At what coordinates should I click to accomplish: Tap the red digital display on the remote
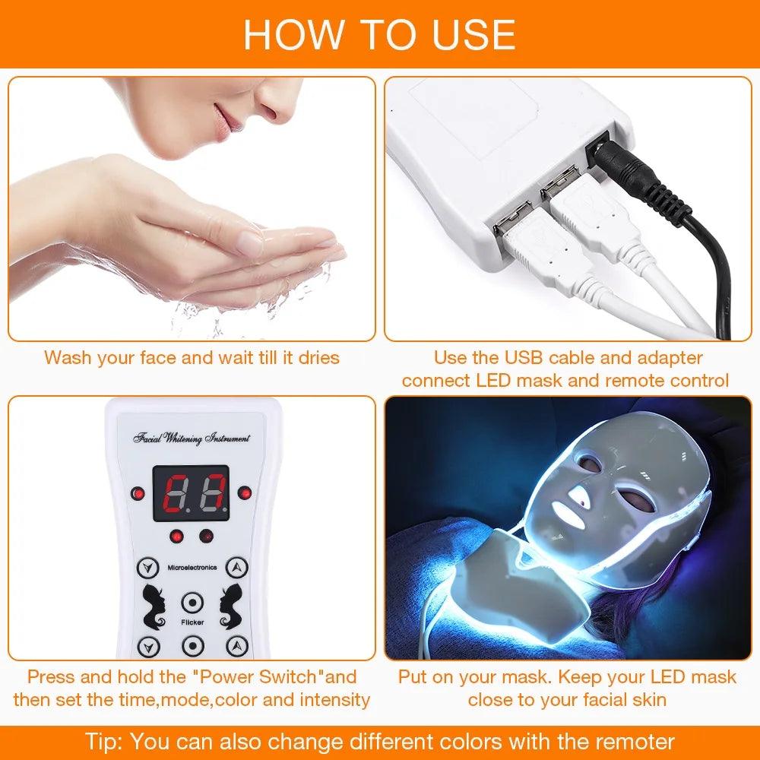pos(190,493)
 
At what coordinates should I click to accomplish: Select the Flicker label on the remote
pos(192,622)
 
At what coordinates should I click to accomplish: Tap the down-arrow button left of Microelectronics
pos(147,567)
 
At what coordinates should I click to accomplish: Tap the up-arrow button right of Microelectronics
pos(239,567)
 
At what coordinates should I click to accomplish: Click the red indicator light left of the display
pos(137,493)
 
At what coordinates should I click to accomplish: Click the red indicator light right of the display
pos(244,493)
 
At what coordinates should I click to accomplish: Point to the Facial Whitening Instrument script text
pos(191,439)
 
